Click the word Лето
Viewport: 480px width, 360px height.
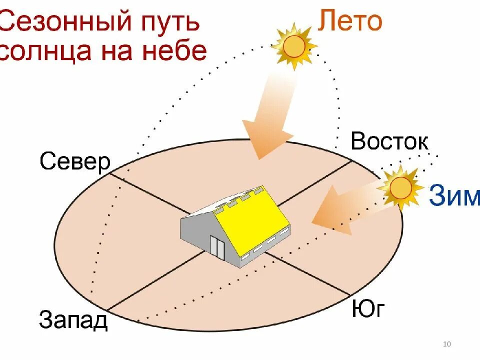pos(350,21)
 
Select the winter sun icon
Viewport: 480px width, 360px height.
pos(400,188)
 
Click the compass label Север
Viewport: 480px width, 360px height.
pos(75,161)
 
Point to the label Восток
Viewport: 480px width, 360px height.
pos(389,141)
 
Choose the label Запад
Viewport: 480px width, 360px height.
pos(73,320)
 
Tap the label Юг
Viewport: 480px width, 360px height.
pos(368,309)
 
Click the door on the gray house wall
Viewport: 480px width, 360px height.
pos(217,246)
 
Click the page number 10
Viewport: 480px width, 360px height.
pos(447,344)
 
